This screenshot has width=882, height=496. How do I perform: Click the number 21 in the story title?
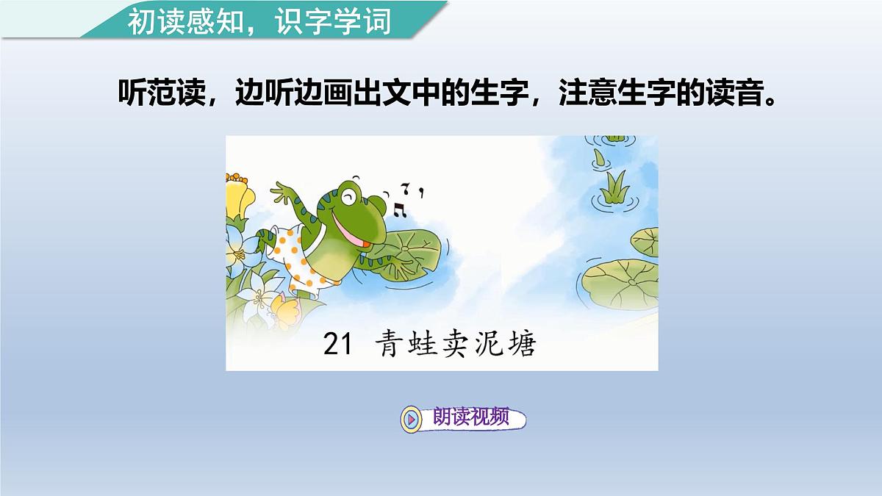coord(339,345)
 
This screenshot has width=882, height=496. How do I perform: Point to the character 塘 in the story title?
coord(521,345)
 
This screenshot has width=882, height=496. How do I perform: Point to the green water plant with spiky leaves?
coord(614,188)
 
